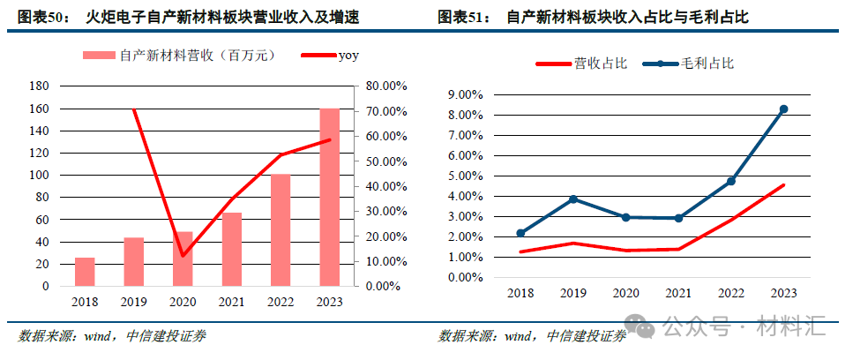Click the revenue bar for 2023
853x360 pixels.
(329, 198)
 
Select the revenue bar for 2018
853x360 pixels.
(85, 272)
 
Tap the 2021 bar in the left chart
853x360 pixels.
(231, 250)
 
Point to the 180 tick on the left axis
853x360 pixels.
(40, 86)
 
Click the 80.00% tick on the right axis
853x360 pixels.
(385, 86)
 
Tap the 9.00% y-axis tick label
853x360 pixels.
(466, 95)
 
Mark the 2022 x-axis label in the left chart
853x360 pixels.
(280, 302)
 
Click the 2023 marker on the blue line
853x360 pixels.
(783, 109)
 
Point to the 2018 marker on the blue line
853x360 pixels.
(520, 233)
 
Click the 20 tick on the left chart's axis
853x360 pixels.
(42, 264)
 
